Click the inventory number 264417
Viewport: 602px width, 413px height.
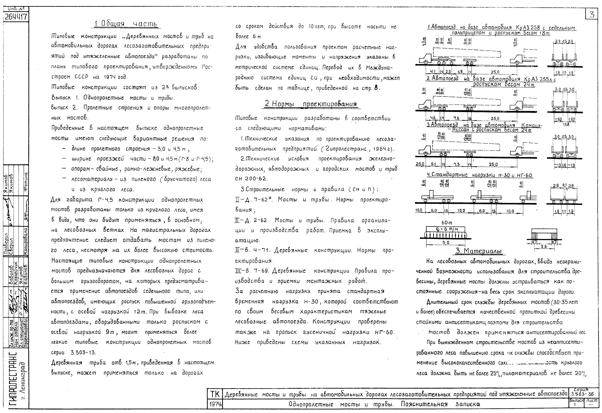pyautogui.click(x=16, y=17)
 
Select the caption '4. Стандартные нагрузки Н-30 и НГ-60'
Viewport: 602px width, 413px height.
pyautogui.click(x=479, y=175)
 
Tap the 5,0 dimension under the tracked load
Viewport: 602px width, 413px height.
pyautogui.click(x=446, y=243)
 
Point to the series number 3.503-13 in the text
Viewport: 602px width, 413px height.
pyautogui.click(x=83, y=352)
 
